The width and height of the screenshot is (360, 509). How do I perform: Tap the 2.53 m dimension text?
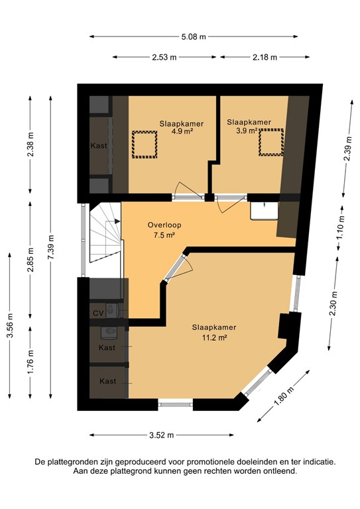click(x=165, y=58)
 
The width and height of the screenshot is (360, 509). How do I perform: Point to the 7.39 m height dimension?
click(x=52, y=251)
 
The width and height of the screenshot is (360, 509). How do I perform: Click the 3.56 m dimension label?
click(x=9, y=327)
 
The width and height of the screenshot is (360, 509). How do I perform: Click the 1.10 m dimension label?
click(x=341, y=227)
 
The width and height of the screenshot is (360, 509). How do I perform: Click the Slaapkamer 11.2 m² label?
click(x=213, y=332)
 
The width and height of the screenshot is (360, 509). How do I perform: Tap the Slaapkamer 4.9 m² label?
click(x=181, y=127)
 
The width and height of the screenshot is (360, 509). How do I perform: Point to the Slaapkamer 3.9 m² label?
click(x=248, y=126)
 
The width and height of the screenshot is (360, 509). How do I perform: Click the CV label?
click(x=97, y=313)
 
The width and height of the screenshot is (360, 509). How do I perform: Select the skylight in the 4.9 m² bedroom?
click(x=143, y=144)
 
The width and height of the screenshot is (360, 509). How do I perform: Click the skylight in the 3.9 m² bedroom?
click(x=270, y=142)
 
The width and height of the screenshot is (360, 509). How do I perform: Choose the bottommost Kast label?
click(x=107, y=381)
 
